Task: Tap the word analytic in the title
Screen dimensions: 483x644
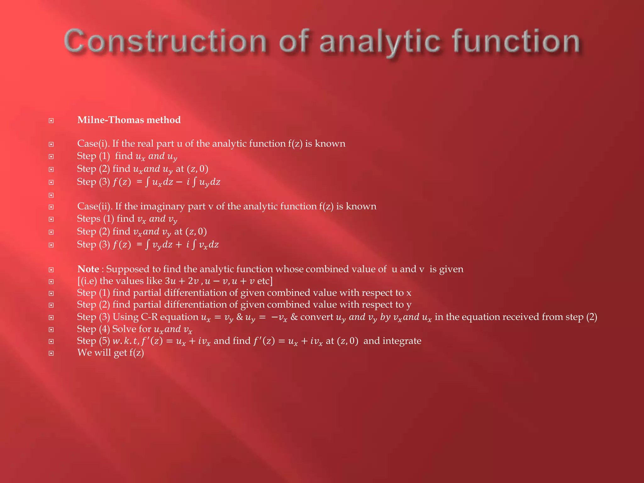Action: pos(379,41)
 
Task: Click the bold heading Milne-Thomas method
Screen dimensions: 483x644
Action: pos(129,120)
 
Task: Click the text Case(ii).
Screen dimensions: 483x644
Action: pos(95,206)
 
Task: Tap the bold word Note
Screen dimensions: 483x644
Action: pos(88,269)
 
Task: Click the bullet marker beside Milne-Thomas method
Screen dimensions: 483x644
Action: pos(51,121)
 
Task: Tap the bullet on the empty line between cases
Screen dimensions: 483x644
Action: pos(51,195)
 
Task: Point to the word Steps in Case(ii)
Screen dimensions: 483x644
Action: pos(89,219)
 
